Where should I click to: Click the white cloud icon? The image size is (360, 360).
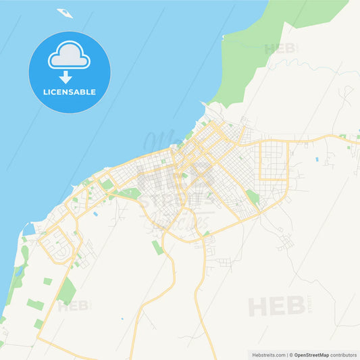coord(69,56)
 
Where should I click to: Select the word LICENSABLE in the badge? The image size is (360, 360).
coord(69,92)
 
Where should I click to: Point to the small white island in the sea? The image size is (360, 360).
coord(65,12)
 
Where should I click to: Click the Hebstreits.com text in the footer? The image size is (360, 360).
coord(267,355)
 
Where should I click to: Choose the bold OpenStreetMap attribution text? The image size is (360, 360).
coord(315,355)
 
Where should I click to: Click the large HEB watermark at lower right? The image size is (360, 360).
coord(277,306)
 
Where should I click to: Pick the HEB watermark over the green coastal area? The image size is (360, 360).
coord(280,49)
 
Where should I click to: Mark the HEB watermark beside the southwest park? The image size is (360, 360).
coord(73,306)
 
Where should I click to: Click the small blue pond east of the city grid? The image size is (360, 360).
coord(317,159)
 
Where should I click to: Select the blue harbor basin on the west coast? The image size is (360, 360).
coord(28,229)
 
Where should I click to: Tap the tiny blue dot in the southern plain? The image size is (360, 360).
coord(122,318)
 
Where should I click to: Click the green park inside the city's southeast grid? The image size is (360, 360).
coord(252,197)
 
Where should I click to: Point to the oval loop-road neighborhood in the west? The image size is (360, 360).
coord(58,247)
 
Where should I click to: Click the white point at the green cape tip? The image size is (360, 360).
coord(223,36)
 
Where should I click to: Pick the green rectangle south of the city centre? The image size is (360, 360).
coord(157,247)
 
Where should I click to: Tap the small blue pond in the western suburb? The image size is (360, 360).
coord(96,214)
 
